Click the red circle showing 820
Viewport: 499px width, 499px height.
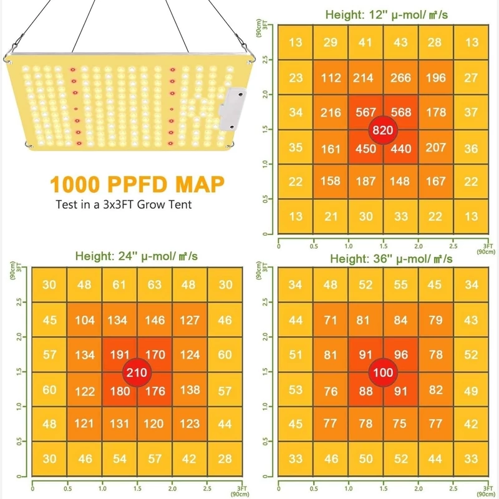(x=383, y=130)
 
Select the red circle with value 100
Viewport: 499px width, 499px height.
(x=382, y=372)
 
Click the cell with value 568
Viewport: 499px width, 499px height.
(x=400, y=112)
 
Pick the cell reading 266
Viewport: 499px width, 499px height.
(x=400, y=78)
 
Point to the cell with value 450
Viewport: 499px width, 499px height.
(x=366, y=148)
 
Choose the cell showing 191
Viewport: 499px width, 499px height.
(x=120, y=355)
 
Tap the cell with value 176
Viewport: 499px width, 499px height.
(x=155, y=391)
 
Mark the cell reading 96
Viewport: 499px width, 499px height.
(x=400, y=355)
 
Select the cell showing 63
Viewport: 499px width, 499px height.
(x=155, y=285)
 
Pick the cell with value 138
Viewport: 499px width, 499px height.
(x=190, y=390)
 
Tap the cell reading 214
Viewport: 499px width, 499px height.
(x=366, y=78)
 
